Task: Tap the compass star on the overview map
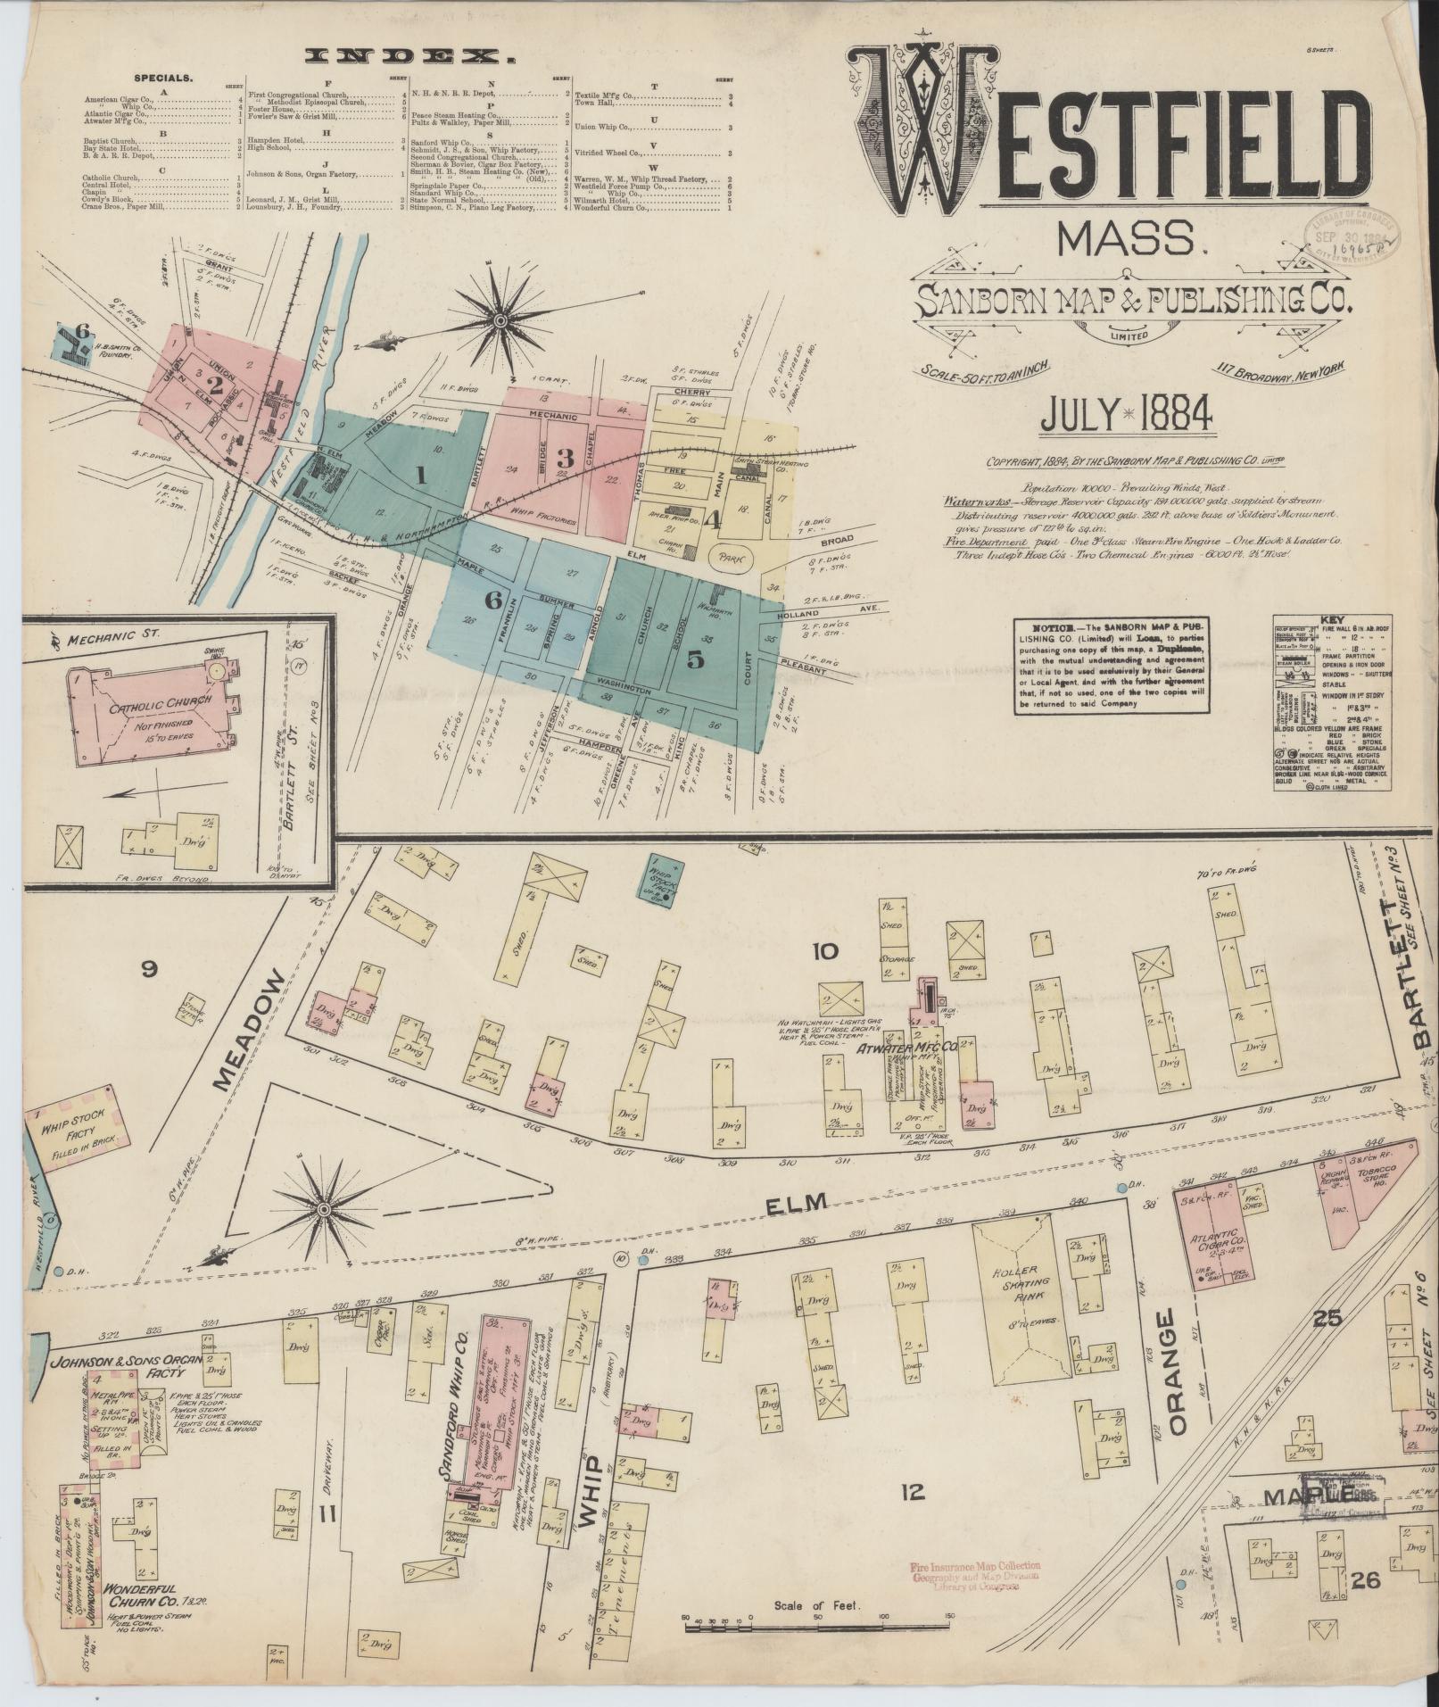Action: (x=500, y=319)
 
